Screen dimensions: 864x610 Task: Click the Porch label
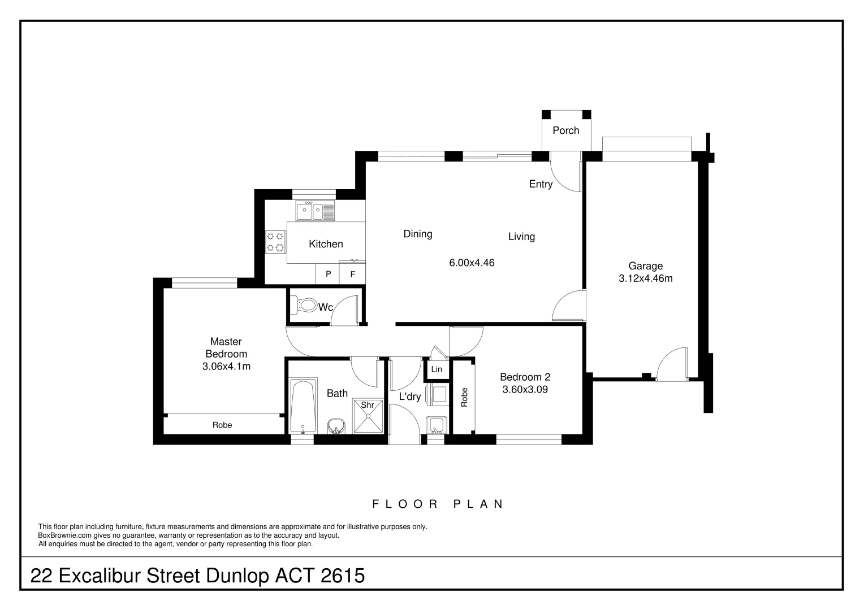pos(566,130)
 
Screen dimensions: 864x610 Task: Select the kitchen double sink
pos(315,211)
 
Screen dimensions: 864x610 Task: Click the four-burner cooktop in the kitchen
pos(275,242)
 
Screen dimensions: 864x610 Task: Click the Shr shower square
pos(368,416)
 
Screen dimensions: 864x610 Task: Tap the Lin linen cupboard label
pos(437,369)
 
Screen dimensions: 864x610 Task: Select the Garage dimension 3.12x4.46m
pos(646,278)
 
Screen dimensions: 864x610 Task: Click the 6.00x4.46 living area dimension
pos(472,263)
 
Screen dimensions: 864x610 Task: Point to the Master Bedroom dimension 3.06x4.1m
pos(226,366)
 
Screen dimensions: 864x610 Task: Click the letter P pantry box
pos(328,274)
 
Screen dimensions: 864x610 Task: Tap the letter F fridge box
pos(352,274)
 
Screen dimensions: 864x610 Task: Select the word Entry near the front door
pos(541,185)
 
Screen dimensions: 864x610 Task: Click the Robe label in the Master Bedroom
pos(222,425)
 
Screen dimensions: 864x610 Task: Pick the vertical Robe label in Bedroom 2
pos(464,397)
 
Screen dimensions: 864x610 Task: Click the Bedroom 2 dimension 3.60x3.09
pos(525,390)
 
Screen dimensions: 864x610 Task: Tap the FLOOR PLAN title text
pos(438,504)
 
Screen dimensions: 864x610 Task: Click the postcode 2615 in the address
pos(343,576)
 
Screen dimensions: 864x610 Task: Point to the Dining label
pos(418,234)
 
